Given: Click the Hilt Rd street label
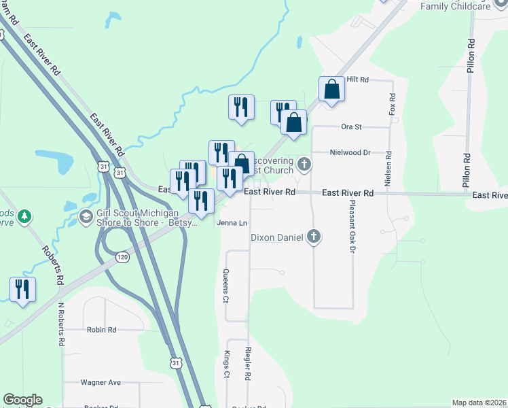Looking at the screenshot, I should (x=357, y=80).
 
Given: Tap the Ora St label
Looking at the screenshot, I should (x=351, y=126).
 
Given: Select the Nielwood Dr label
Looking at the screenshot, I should (x=351, y=153).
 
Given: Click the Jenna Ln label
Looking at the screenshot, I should (x=231, y=222).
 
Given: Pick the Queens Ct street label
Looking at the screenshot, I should (x=226, y=286).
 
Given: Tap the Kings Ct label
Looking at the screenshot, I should (x=227, y=364).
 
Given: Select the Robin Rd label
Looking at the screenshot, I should (x=102, y=330).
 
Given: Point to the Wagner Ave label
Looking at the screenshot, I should (x=101, y=383).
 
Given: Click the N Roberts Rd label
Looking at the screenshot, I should (x=60, y=324).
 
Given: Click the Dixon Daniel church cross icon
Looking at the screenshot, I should (x=313, y=237).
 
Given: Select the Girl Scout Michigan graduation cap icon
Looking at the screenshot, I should (x=86, y=216).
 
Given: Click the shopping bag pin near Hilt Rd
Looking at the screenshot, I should (x=331, y=89).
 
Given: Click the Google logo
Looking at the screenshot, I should (x=22, y=400).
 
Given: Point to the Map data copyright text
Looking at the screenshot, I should (x=479, y=403).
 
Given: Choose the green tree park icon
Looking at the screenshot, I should (x=24, y=216).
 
